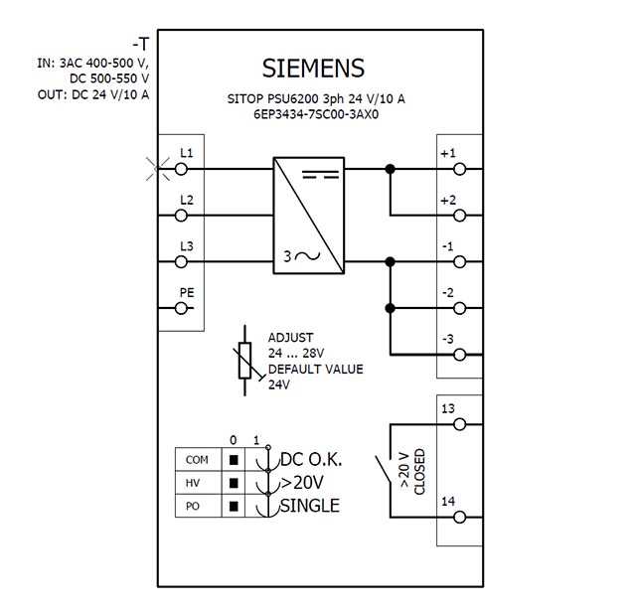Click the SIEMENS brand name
(x=313, y=68)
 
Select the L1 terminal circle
(x=181, y=169)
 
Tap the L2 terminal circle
(x=181, y=216)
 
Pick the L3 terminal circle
(x=181, y=262)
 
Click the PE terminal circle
(x=181, y=309)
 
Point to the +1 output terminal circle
(x=459, y=169)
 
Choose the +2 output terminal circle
(x=459, y=216)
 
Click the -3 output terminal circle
(x=459, y=355)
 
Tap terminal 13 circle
(x=459, y=424)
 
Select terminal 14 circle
(x=459, y=518)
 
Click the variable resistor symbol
(x=245, y=361)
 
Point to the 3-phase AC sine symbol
(x=308, y=256)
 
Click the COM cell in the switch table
(x=199, y=459)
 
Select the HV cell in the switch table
(x=199, y=483)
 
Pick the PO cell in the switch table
(x=199, y=506)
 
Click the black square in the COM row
(x=234, y=460)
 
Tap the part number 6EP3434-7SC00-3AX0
(x=316, y=114)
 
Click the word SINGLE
(x=310, y=506)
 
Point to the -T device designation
(x=141, y=44)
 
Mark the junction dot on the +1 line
(x=390, y=169)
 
